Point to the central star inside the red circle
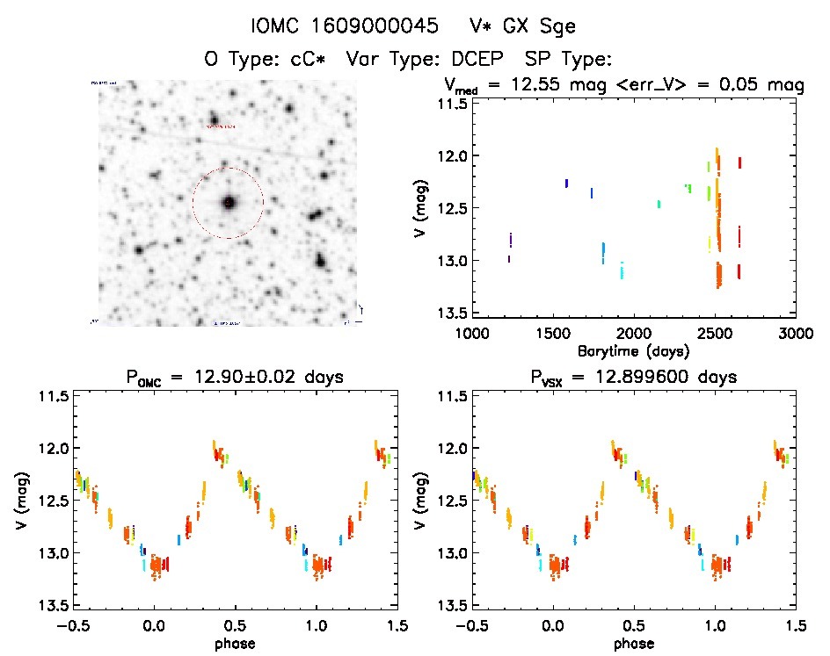click(229, 203)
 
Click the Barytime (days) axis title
click(633, 350)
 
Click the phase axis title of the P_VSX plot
click(633, 643)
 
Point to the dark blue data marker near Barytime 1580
click(566, 184)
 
